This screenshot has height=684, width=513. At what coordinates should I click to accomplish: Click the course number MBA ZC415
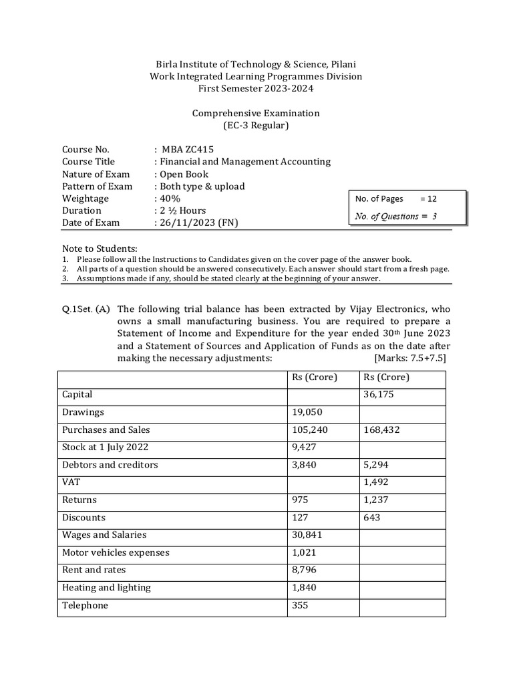coord(188,150)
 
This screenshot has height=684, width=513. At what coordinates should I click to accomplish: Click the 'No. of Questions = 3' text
coord(396,216)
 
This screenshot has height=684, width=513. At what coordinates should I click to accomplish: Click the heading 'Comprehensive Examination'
coord(256,113)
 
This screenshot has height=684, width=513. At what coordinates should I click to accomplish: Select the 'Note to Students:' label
coord(100,248)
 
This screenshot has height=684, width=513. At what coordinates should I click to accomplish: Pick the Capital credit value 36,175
coord(377,395)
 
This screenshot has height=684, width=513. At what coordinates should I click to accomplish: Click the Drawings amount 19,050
coord(306,412)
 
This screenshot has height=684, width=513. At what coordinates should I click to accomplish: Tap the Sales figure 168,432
coord(381,430)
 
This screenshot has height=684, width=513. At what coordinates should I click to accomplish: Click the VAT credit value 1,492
coord(375,482)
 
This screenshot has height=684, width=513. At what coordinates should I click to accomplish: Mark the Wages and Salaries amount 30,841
coord(306,535)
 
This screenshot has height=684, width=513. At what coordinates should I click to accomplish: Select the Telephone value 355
coord(301,605)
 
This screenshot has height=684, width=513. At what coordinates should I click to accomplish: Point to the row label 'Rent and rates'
coord(94,570)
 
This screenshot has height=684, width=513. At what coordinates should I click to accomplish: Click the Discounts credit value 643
coord(372,518)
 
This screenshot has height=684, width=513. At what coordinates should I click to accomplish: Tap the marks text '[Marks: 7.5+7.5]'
coord(411,357)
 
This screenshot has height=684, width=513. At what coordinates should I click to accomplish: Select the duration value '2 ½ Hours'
coord(182,210)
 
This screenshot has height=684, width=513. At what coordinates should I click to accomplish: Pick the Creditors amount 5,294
coord(375,465)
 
